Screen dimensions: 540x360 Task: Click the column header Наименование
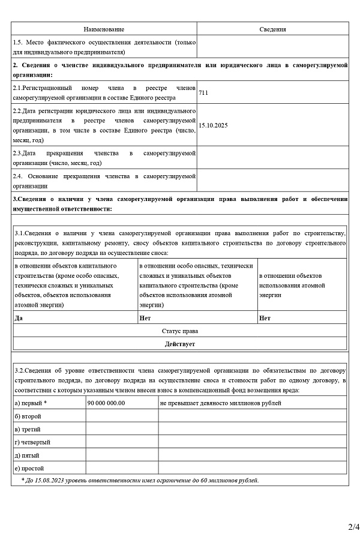[104, 29]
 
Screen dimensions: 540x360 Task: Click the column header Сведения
[272, 29]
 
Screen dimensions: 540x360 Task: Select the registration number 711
[203, 93]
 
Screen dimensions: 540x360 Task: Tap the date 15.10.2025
[213, 125]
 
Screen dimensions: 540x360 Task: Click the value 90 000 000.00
[106, 403]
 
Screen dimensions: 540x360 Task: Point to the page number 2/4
[353, 527]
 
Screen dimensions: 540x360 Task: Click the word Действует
[180, 344]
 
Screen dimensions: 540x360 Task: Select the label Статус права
[180, 331]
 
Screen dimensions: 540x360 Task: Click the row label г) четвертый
[32, 442]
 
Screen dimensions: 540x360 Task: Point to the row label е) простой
[29, 468]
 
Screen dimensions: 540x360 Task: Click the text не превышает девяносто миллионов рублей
[220, 403]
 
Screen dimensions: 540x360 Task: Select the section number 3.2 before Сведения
[20, 371]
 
